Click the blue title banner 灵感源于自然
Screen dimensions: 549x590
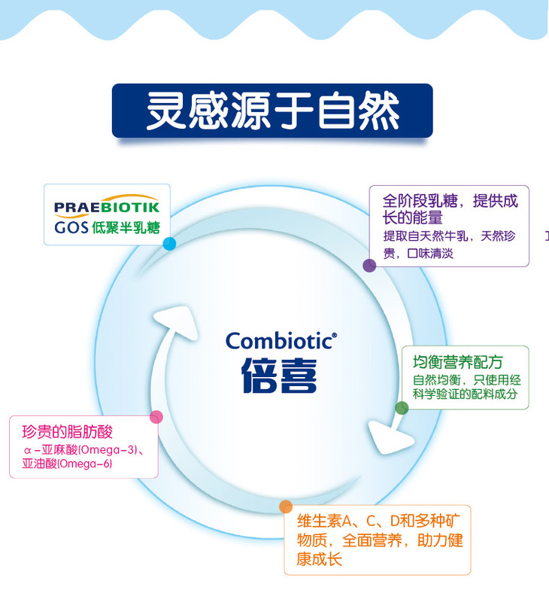pyautogui.click(x=272, y=111)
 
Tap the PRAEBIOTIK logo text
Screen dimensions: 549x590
pyautogui.click(x=107, y=208)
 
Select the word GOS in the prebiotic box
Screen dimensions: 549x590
pyautogui.click(x=71, y=227)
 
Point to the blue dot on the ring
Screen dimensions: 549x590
pyautogui.click(x=169, y=244)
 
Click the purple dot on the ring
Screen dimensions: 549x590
pyautogui.click(x=369, y=265)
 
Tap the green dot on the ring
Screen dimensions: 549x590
pyautogui.click(x=402, y=408)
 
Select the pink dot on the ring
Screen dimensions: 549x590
pyautogui.click(x=156, y=417)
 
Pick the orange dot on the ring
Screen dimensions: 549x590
pyautogui.click(x=286, y=506)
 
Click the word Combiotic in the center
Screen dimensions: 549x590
pyautogui.click(x=279, y=341)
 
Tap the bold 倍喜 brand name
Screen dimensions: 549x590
pyautogui.click(x=279, y=375)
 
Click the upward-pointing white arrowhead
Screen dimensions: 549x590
pyautogui.click(x=176, y=322)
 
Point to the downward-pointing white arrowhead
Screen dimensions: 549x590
pyautogui.click(x=390, y=438)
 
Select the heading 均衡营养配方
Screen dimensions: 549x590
pyautogui.click(x=457, y=362)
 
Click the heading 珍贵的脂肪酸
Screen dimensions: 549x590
pyautogui.click(x=68, y=432)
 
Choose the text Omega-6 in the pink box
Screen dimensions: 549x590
pyautogui.click(x=84, y=464)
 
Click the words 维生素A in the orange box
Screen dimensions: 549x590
pyautogui.click(x=324, y=521)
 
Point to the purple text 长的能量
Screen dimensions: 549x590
pyautogui.click(x=412, y=217)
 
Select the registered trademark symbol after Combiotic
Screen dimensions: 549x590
pyautogui.click(x=335, y=335)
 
